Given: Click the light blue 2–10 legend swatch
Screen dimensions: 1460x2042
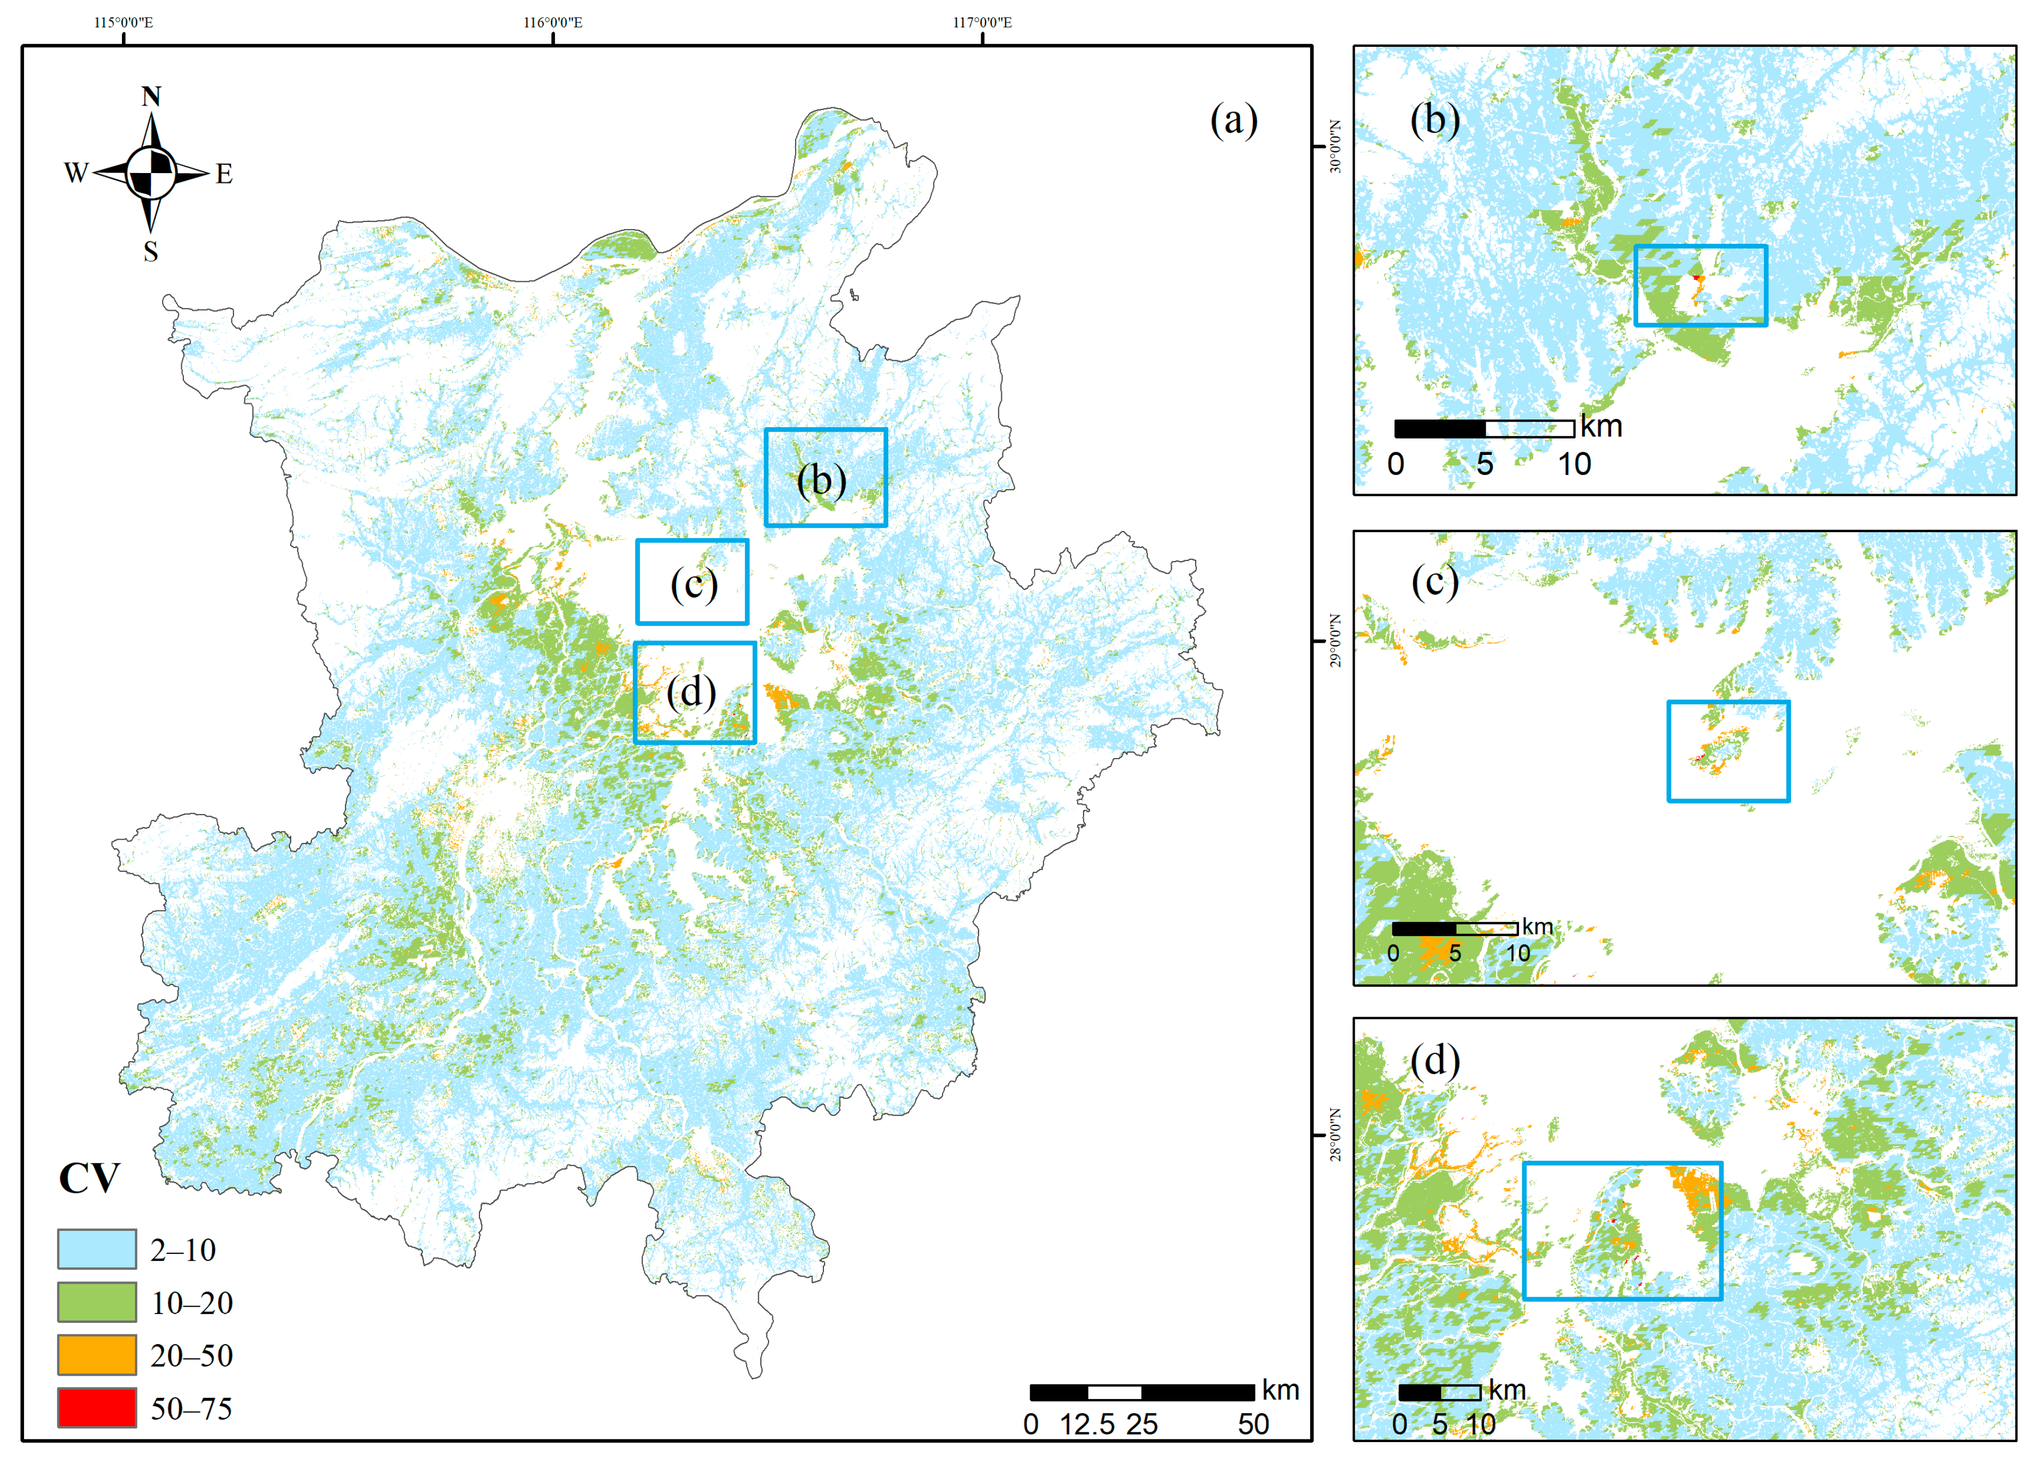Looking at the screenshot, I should [96, 1249].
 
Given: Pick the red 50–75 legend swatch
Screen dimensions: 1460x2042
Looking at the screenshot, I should [96, 1407].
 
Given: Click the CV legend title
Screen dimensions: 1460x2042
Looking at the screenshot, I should [89, 1178].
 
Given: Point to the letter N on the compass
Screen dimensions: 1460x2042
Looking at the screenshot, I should [151, 96].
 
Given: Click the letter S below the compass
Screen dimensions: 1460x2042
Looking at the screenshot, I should [151, 252].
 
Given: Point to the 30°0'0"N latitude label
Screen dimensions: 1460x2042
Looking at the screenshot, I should [1335, 146].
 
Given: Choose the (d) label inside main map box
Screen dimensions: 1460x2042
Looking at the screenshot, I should [691, 692].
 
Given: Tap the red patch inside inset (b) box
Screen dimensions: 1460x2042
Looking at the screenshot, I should [1695, 278].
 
